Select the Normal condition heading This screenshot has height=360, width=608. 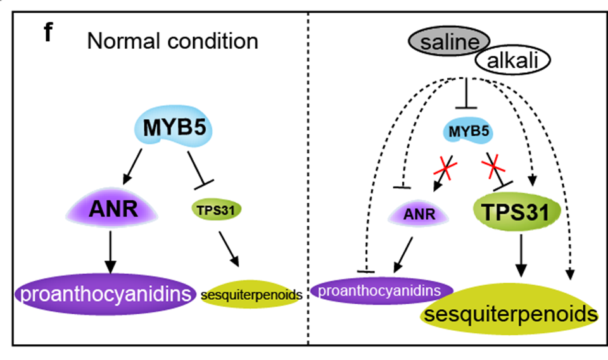(x=172, y=42)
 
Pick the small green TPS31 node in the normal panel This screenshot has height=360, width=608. (x=212, y=209)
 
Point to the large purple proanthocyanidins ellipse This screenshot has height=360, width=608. (x=105, y=294)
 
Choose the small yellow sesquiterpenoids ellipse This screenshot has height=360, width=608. (x=250, y=295)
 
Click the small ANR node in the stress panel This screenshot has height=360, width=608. (x=421, y=214)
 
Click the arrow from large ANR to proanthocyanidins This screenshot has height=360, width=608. (x=111, y=252)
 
